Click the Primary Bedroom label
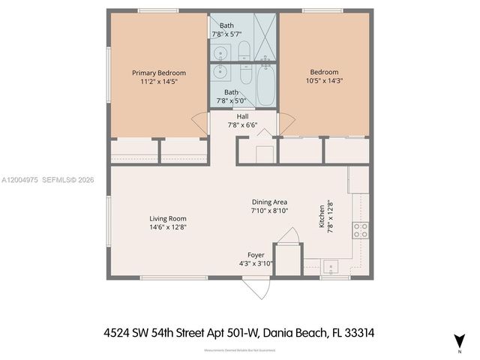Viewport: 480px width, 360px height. pyautogui.click(x=159, y=73)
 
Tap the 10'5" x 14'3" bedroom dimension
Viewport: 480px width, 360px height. pyautogui.click(x=324, y=81)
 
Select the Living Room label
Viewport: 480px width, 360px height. pyautogui.click(x=167, y=218)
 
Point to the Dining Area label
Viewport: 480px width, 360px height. pyautogui.click(x=269, y=202)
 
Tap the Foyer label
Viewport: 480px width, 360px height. pyautogui.click(x=256, y=255)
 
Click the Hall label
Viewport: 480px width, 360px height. pyautogui.click(x=242, y=116)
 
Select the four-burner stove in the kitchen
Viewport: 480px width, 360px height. pyautogui.click(x=360, y=230)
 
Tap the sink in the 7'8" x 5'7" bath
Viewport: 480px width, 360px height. pyautogui.click(x=219, y=52)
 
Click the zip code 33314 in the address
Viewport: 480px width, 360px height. pyautogui.click(x=372, y=331)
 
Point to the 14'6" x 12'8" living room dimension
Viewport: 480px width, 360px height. pyautogui.click(x=167, y=226)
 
